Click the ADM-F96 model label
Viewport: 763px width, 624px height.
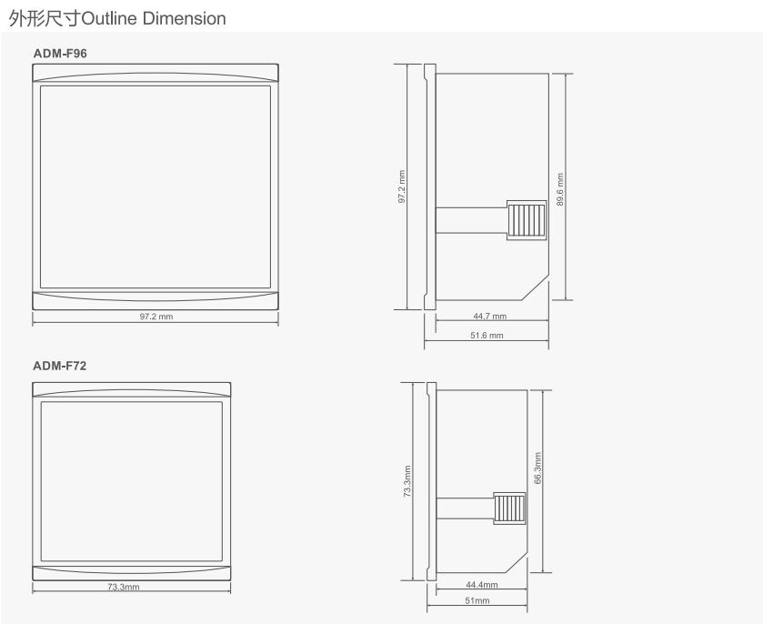[x=60, y=54]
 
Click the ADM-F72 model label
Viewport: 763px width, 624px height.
[x=59, y=366]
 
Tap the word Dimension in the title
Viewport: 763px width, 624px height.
[x=185, y=18]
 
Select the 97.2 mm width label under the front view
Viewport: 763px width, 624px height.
[x=156, y=317]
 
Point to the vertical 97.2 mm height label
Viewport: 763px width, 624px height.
[x=402, y=186]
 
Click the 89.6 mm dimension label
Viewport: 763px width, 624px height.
[x=560, y=189]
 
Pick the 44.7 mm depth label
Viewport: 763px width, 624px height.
[x=490, y=317]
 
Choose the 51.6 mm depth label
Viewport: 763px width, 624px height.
[x=487, y=336]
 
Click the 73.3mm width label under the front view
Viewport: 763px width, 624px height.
[x=124, y=587]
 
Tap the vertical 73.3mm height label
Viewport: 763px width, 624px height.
[x=407, y=481]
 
